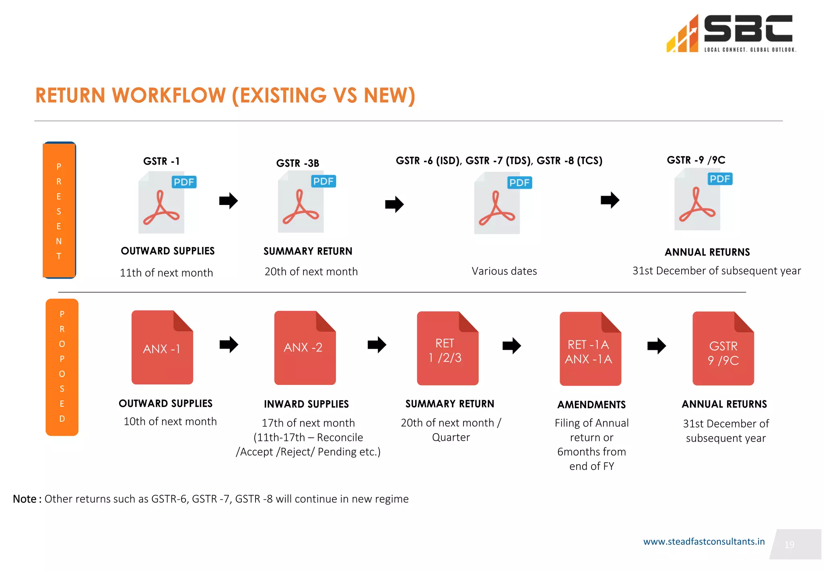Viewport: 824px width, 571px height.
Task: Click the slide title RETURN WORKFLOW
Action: coord(225,95)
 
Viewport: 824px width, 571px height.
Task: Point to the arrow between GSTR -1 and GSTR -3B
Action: coord(229,201)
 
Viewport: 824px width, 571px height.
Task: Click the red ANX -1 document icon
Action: coord(162,347)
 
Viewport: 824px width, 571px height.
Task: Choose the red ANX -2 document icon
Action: coord(305,348)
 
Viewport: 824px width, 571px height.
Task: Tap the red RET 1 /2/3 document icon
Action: coord(447,348)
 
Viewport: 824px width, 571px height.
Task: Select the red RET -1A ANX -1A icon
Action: coord(590,349)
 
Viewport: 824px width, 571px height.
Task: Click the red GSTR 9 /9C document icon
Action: coord(723,348)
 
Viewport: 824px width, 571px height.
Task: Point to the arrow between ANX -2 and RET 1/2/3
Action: coord(377,345)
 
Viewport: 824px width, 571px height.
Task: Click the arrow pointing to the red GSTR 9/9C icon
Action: coord(656,345)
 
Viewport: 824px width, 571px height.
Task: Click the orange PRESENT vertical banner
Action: coord(59,210)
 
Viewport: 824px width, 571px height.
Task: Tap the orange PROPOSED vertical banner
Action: coord(62,367)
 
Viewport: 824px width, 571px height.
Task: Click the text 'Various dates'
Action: coord(504,271)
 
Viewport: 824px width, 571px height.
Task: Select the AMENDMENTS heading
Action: coord(591,405)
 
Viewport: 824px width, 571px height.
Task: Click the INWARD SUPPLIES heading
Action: coord(306,404)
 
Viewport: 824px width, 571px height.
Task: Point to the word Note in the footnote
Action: coord(25,499)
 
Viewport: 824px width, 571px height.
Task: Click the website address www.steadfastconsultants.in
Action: coord(704,542)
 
